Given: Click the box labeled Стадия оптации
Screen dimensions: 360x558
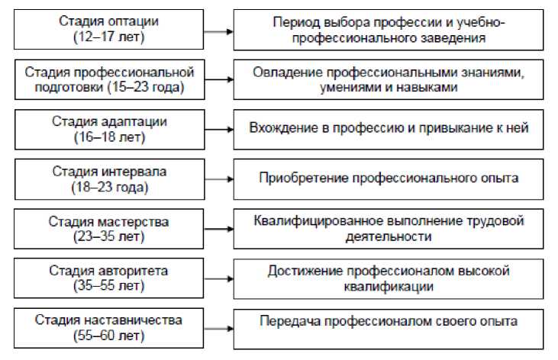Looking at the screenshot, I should [110, 29].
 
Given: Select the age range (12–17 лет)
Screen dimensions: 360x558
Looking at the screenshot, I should [110, 37].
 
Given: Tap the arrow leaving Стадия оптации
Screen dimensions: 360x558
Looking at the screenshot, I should [218, 31].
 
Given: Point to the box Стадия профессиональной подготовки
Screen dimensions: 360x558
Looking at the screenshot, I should [110, 79].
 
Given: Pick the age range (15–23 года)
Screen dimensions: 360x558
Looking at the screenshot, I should [110, 87].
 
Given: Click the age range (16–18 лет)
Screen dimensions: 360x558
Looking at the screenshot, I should [110, 136].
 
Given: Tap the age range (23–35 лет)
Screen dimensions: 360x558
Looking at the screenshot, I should [110, 236].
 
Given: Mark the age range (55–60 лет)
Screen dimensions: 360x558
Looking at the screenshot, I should [110, 335].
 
